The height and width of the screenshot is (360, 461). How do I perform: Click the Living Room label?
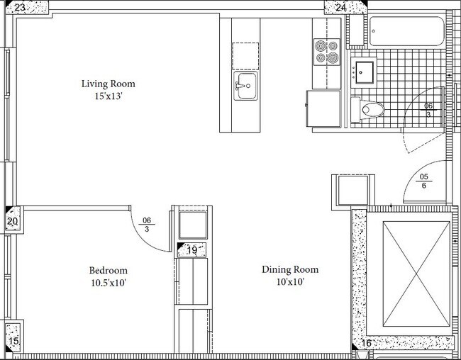click(109, 84)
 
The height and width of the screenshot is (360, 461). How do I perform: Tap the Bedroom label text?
click(109, 270)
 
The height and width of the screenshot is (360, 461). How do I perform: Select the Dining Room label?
click(290, 269)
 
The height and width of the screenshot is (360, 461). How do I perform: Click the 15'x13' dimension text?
click(109, 96)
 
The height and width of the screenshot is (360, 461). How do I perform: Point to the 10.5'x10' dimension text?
click(109, 283)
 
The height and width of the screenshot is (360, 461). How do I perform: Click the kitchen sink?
click(246, 86)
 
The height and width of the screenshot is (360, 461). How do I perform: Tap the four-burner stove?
click(327, 52)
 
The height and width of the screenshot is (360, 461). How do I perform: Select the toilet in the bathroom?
click(367, 110)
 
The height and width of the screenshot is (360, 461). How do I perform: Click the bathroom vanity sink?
click(364, 72)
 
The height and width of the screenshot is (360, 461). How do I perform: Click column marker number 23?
click(20, 7)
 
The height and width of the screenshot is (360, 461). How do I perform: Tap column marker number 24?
click(340, 7)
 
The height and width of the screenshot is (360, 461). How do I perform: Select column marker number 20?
click(12, 221)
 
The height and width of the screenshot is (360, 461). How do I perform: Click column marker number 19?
click(192, 250)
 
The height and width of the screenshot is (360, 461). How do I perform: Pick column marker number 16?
click(367, 343)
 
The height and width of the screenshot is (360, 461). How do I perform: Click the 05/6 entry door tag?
click(423, 181)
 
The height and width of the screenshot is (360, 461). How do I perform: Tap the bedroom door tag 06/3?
click(146, 225)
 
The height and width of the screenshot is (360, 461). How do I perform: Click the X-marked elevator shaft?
click(416, 274)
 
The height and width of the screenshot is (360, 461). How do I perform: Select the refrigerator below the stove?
click(323, 108)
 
